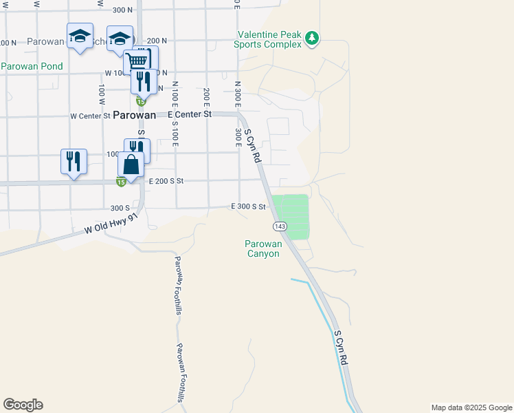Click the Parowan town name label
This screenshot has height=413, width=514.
click(x=135, y=116)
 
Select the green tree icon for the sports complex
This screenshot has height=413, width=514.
click(x=313, y=37)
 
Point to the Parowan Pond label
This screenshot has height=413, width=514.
click(x=32, y=67)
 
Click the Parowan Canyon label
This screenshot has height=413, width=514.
click(x=262, y=248)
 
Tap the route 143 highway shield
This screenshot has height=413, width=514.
click(x=280, y=226)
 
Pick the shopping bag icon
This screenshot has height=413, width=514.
click(x=131, y=165)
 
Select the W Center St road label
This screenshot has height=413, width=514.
click(x=90, y=116)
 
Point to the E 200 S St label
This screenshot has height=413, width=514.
click(x=166, y=181)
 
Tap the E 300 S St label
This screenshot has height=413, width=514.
click(x=248, y=206)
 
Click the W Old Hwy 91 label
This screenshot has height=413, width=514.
click(x=111, y=224)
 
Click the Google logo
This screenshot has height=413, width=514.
click(x=23, y=405)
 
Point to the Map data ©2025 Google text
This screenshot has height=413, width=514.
click(x=471, y=407)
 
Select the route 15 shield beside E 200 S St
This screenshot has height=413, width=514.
click(x=121, y=182)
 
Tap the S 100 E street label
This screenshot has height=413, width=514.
click(x=175, y=134)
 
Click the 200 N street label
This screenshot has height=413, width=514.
click(x=157, y=41)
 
